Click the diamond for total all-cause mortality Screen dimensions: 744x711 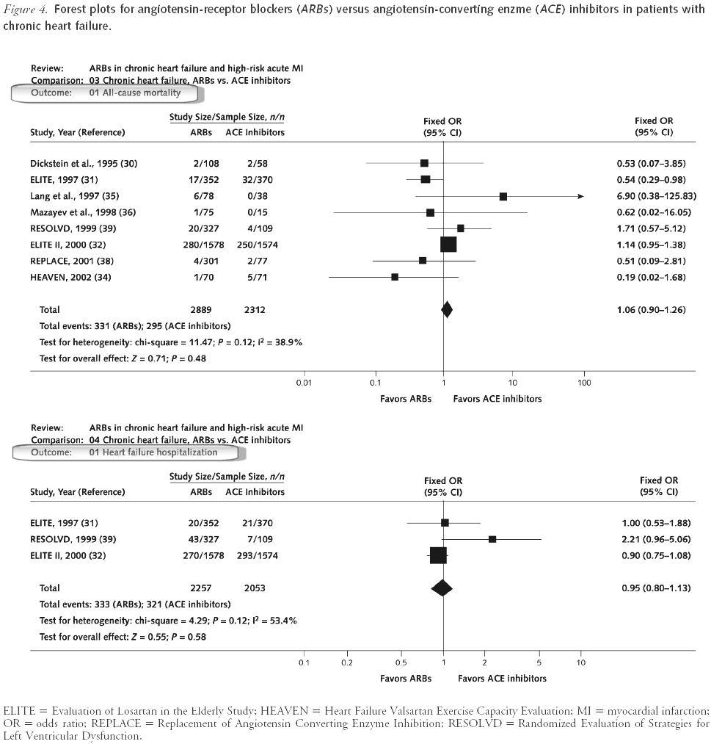446,310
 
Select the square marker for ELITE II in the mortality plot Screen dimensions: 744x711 448,244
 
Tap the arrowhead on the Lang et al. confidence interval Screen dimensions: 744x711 580,196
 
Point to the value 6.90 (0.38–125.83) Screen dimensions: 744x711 660,196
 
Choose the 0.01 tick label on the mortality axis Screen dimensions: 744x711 304,383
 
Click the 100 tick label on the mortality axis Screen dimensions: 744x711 584,383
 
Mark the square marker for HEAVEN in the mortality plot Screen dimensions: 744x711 395,277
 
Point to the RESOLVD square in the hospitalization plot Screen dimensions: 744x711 492,539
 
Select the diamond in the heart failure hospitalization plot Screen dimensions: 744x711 442,588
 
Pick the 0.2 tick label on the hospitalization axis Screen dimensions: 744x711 346,662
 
